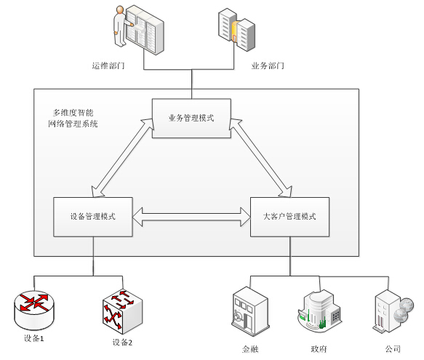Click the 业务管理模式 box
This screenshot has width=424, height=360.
click(191, 119)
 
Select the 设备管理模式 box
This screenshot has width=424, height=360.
click(93, 217)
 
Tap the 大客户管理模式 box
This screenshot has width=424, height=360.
click(289, 217)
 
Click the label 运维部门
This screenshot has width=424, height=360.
click(108, 65)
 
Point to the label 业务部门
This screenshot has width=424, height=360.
click(268, 65)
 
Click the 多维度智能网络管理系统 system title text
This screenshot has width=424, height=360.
click(73, 119)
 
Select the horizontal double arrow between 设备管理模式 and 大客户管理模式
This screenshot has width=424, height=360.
click(191, 217)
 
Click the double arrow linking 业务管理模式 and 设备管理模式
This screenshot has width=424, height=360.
click(122, 158)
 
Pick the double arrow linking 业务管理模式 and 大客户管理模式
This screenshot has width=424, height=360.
click(260, 158)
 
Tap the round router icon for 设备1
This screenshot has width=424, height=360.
click(34, 310)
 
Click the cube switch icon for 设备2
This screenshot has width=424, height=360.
click(122, 312)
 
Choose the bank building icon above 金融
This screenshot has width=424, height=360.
click(250, 311)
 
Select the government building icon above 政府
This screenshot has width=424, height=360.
click(320, 311)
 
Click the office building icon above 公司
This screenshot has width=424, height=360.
click(393, 311)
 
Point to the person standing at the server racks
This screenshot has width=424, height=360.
click(120, 26)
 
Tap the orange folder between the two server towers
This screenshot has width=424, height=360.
click(234, 32)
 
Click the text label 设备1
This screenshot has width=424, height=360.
click(33, 338)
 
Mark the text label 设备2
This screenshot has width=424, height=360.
click(122, 343)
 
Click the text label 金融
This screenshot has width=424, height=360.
click(250, 349)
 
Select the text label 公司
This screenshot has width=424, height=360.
click(393, 349)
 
